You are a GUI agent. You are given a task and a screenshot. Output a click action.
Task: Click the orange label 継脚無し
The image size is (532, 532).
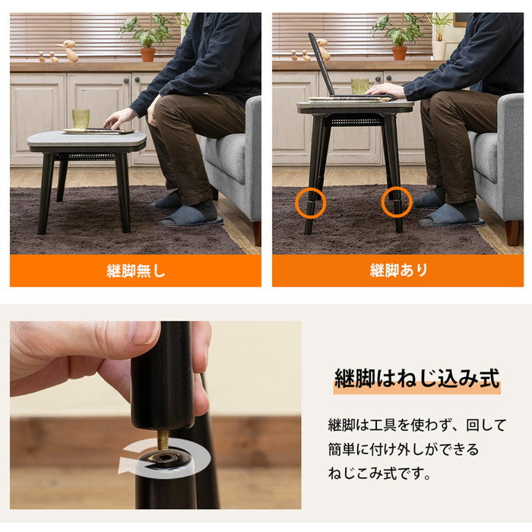pyautogui.click(x=135, y=271)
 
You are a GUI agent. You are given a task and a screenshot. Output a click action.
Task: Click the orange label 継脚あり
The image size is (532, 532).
pyautogui.click(x=398, y=271)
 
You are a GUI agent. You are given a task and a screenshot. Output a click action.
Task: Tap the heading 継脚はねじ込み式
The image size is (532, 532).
pyautogui.click(x=416, y=378)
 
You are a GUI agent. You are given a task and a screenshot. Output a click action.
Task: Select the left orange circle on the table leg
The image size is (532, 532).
pyautogui.click(x=310, y=203)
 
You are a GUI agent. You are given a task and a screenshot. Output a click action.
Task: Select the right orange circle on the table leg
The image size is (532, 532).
pyautogui.click(x=396, y=202)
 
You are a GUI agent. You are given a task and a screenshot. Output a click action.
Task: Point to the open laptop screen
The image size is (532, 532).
pyautogui.click(x=321, y=65)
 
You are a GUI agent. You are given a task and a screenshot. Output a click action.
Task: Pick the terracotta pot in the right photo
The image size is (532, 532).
pyautogui.click(x=398, y=52)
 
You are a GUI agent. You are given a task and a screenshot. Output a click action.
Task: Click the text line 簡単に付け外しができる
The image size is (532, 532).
pyautogui.click(x=404, y=449)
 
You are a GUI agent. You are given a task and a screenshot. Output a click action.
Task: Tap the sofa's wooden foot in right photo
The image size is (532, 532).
pyautogui.click(x=515, y=233)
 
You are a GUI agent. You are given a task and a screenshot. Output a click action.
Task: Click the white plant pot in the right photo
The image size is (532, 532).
pyautogui.click(x=439, y=49)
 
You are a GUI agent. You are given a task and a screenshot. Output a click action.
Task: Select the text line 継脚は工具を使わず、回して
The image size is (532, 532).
pyautogui.click(x=416, y=425)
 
